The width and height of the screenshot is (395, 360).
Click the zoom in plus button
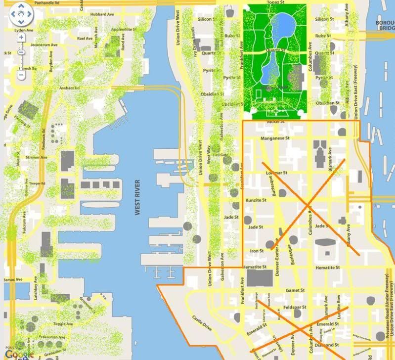point(21,37)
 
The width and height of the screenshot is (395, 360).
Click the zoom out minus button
point(21,75)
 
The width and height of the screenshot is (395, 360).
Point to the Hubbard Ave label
point(102,14)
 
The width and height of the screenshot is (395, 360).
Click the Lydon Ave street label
point(23,30)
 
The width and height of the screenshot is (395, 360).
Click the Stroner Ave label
point(36,158)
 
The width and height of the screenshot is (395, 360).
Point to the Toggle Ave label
point(63,323)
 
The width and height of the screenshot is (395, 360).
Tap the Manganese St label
point(274,138)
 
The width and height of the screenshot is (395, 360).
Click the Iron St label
point(257,251)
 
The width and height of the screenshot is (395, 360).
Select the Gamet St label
point(295,290)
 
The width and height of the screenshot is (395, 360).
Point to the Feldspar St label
point(296,307)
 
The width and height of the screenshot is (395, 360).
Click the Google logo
point(20,354)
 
